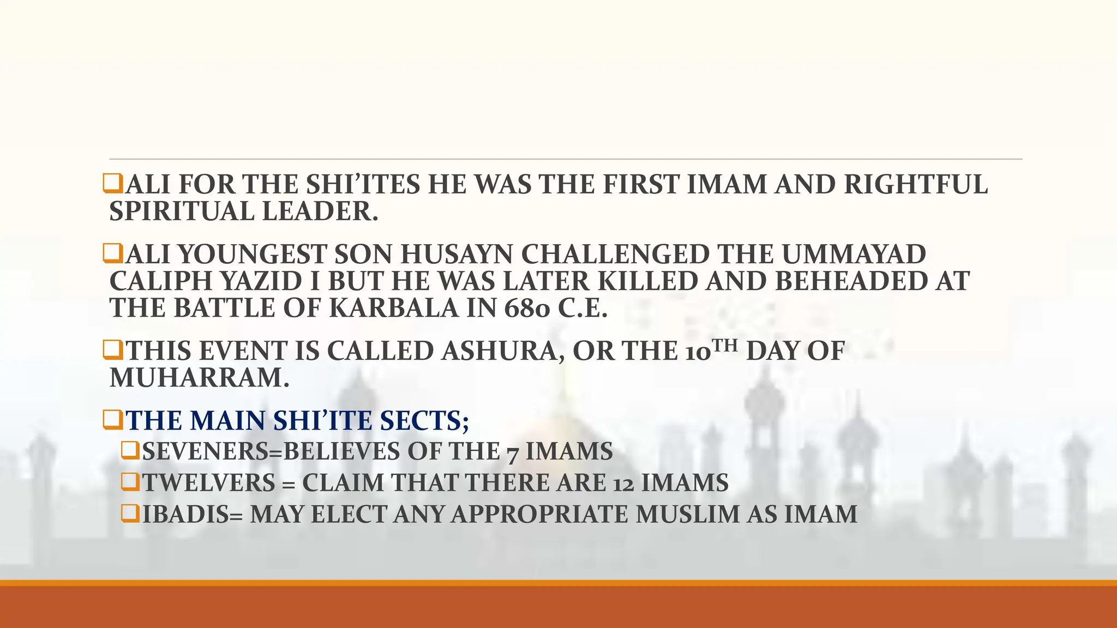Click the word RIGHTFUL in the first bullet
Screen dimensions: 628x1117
(x=916, y=185)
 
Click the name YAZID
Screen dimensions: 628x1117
(x=262, y=281)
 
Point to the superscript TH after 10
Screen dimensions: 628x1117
(x=725, y=346)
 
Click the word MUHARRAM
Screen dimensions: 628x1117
(x=199, y=378)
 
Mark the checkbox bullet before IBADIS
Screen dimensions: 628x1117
(x=130, y=514)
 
